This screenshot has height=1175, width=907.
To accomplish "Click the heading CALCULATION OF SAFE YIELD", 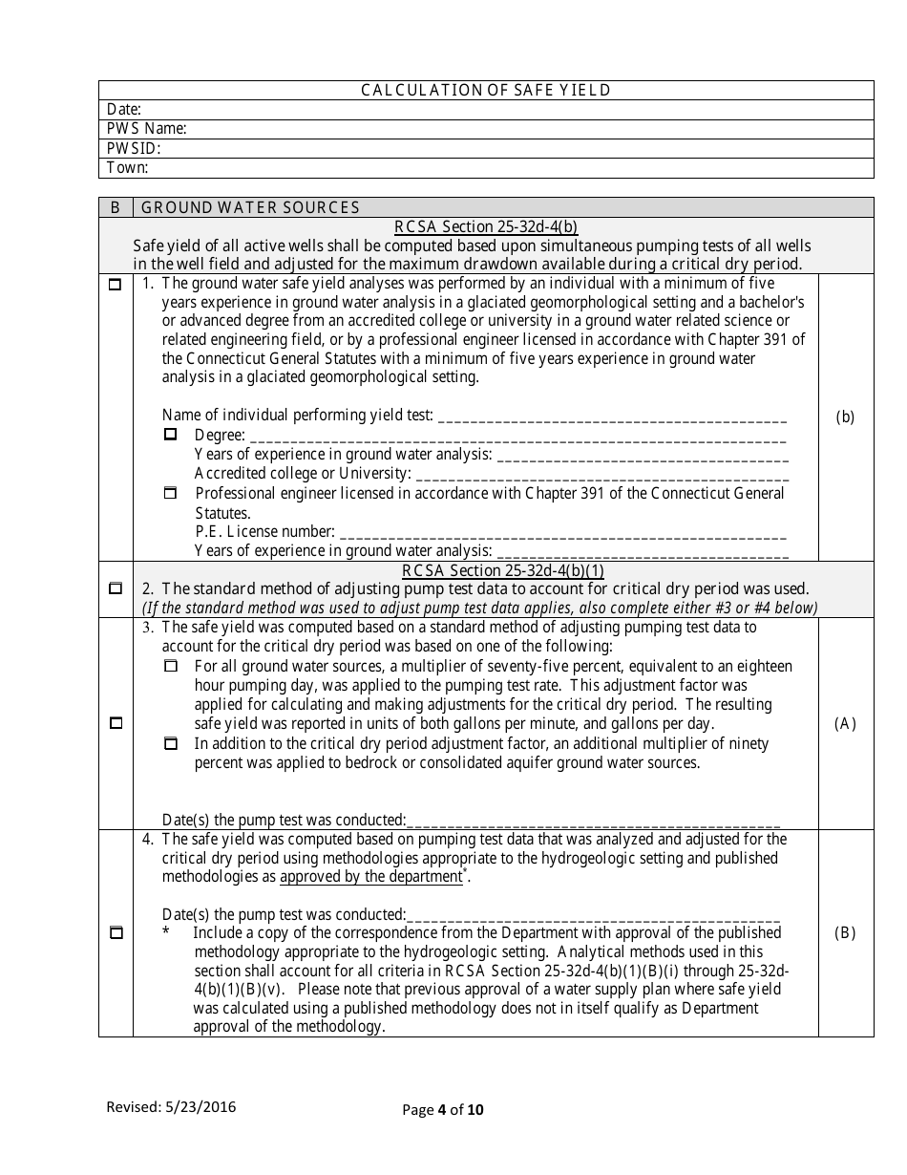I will (485, 91).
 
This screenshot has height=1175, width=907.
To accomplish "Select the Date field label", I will (124, 110).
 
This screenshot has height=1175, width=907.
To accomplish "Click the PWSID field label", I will (133, 149).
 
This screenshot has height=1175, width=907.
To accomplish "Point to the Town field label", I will (127, 168).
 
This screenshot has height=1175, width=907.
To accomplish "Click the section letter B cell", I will (116, 207).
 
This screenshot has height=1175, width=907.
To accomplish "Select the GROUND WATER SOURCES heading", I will (250, 207).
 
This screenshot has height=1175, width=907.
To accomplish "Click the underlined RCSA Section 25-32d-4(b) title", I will (486, 227).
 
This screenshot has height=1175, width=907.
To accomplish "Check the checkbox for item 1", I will (116, 285).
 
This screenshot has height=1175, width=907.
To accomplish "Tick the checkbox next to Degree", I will (171, 434).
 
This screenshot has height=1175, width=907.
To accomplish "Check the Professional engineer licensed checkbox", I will (171, 494).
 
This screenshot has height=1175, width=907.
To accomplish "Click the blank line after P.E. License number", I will (563, 532).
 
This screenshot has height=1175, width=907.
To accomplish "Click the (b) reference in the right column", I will (845, 417).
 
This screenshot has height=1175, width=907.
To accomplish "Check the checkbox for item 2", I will (116, 587).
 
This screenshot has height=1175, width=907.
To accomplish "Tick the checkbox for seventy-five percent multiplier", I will (171, 666).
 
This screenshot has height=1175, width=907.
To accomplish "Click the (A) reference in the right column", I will (845, 723).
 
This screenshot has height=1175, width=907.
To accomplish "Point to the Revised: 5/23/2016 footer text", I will (171, 1107).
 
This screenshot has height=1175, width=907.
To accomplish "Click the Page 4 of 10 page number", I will (443, 1109).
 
